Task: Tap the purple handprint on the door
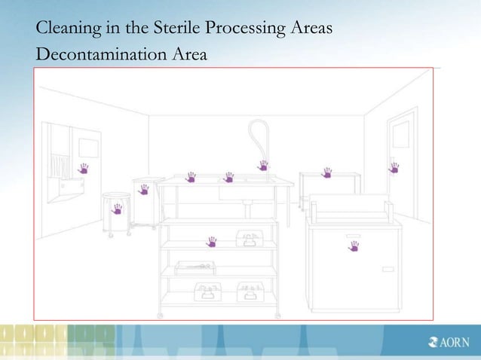point(394,168)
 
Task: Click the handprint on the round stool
point(118,209)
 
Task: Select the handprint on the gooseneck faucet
point(263,166)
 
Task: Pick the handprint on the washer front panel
point(353,246)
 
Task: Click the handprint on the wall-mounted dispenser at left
point(83,168)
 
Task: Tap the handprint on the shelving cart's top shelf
point(212,242)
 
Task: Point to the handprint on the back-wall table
point(326,173)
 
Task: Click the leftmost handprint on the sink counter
point(191,177)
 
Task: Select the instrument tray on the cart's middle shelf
point(195,267)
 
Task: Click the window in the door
point(400,135)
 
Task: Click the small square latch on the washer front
point(388,269)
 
